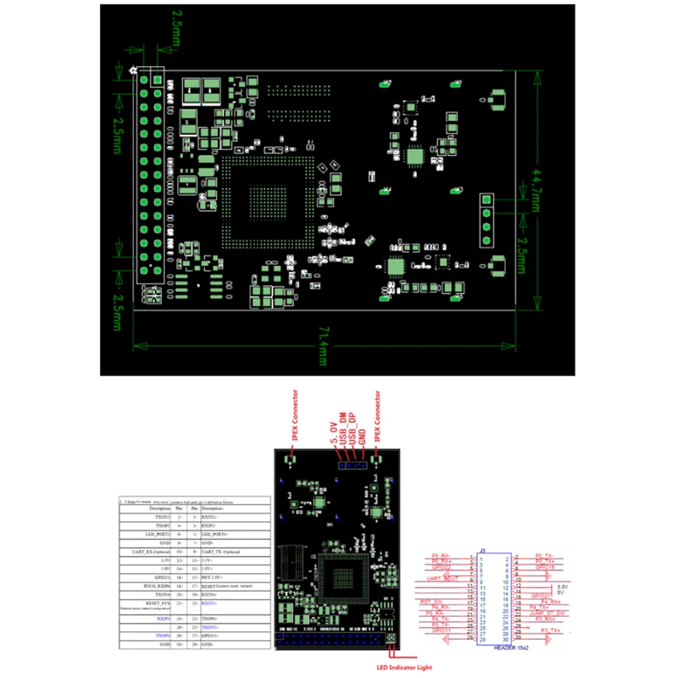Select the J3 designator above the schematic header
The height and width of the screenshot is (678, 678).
tap(481, 549)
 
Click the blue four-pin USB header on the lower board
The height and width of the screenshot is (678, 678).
tap(350, 464)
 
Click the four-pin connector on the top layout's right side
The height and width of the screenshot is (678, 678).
tap(486, 220)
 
